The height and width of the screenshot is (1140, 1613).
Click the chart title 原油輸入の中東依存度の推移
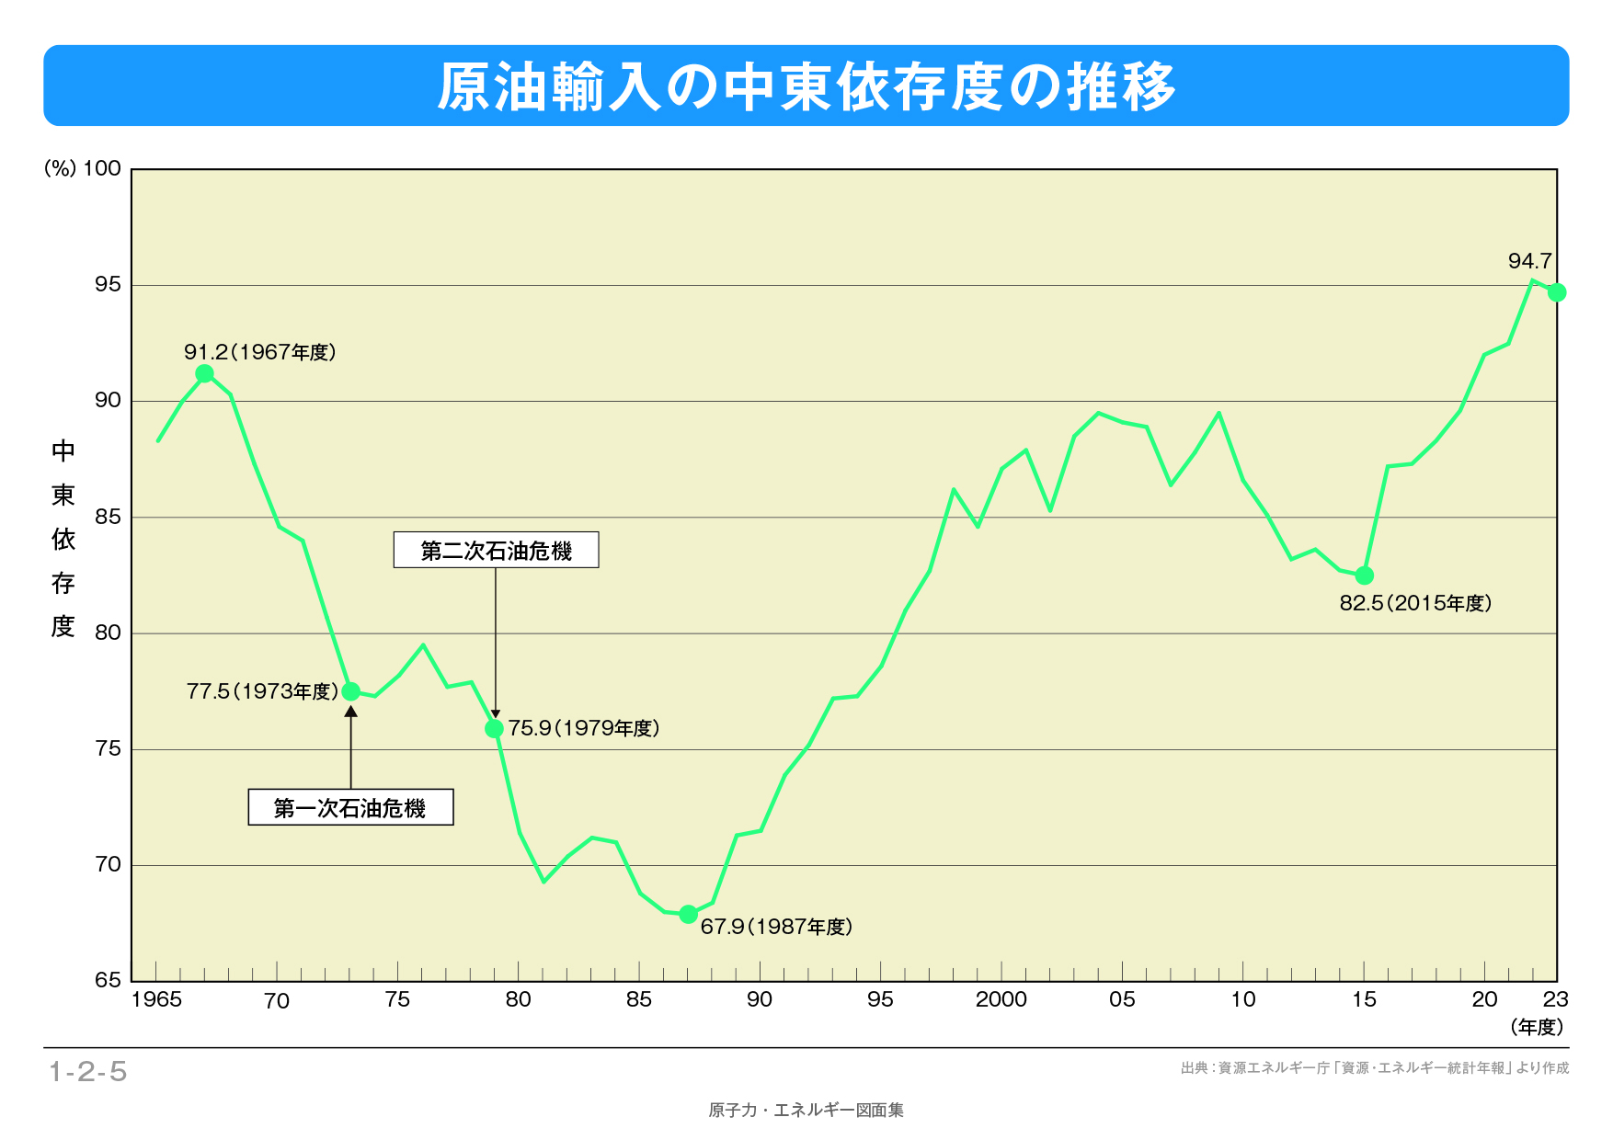[806, 86]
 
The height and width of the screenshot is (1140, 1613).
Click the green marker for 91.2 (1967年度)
[205, 373]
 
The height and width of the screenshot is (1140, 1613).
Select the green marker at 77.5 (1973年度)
[350, 691]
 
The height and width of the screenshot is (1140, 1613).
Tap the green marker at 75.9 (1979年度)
[494, 728]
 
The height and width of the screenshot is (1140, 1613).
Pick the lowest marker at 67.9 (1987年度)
[688, 914]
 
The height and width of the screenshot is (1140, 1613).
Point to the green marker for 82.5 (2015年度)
[1365, 576]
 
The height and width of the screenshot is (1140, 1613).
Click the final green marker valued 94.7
[1557, 292]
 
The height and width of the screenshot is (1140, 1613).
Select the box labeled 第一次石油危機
[350, 808]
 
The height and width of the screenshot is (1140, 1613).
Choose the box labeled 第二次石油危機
[496, 550]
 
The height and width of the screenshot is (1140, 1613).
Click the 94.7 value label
[1529, 261]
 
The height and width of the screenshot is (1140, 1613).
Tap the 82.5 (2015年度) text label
[1415, 603]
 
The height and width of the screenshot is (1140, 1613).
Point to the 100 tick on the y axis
[102, 168]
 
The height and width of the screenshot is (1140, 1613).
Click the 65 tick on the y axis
[108, 980]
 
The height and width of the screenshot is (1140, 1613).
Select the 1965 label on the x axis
[156, 999]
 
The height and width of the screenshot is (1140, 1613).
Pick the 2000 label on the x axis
[1001, 999]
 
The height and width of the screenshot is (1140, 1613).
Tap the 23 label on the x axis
[1555, 999]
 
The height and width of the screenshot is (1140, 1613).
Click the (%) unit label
[60, 168]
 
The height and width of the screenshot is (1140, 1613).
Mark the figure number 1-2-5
[88, 1071]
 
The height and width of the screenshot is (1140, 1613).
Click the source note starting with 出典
[1375, 1068]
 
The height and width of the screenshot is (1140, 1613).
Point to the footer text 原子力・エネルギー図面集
[806, 1111]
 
